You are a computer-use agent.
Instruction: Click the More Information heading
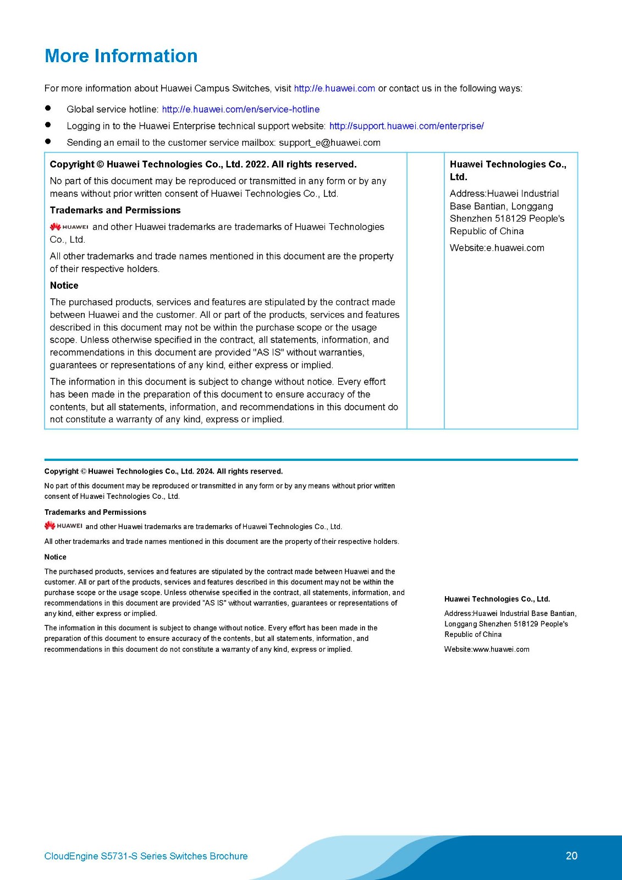(x=121, y=56)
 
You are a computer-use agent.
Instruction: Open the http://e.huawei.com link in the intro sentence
(x=334, y=89)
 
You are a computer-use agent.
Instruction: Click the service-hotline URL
(x=240, y=109)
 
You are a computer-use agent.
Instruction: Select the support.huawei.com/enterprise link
(x=406, y=126)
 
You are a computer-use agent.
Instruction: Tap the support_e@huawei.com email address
(x=329, y=142)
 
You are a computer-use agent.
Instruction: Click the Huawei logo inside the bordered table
(x=69, y=227)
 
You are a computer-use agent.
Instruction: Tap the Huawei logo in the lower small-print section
(x=63, y=526)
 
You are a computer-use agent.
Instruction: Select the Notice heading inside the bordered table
(x=64, y=285)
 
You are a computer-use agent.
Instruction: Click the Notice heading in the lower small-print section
(x=55, y=557)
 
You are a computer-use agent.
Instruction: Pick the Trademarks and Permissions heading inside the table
(x=115, y=210)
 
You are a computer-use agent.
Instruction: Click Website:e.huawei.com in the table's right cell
(x=497, y=248)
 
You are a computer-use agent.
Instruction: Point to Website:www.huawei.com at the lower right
(x=487, y=650)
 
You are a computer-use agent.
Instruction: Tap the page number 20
(x=571, y=856)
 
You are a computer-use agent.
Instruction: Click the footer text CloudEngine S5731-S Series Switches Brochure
(x=146, y=856)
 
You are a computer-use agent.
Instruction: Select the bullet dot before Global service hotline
(x=48, y=109)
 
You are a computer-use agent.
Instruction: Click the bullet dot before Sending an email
(x=48, y=142)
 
